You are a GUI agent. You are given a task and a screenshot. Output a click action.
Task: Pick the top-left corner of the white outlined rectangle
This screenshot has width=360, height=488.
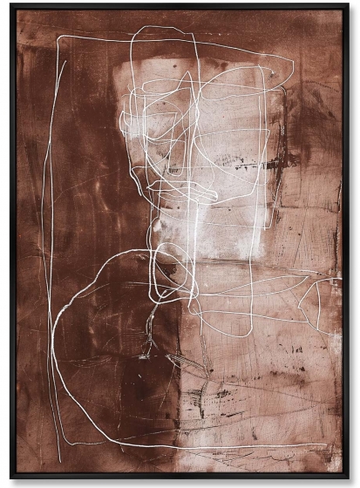(x=58, y=38)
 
